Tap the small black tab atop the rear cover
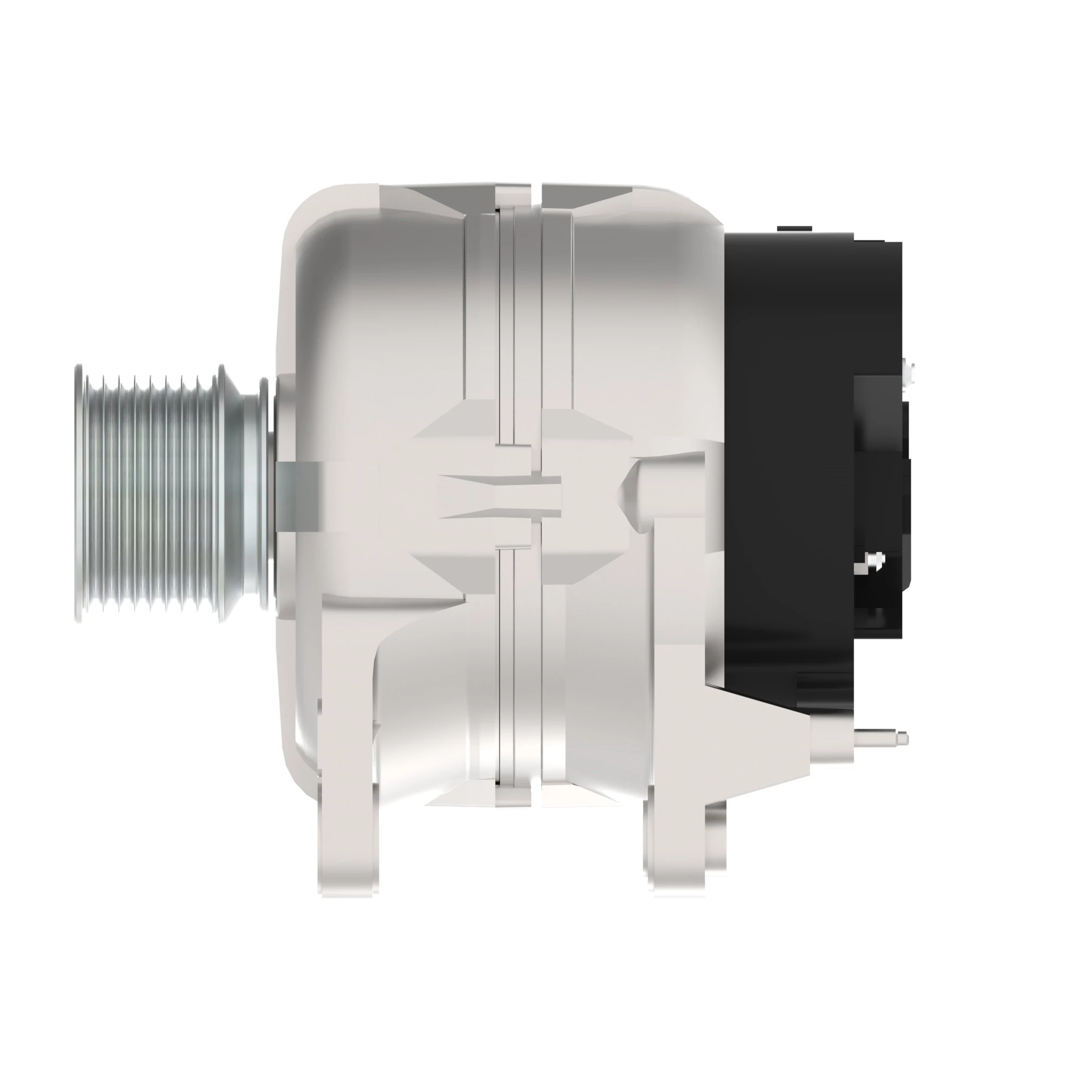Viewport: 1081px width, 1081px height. [794, 228]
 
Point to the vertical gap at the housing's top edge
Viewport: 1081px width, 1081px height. [536, 193]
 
